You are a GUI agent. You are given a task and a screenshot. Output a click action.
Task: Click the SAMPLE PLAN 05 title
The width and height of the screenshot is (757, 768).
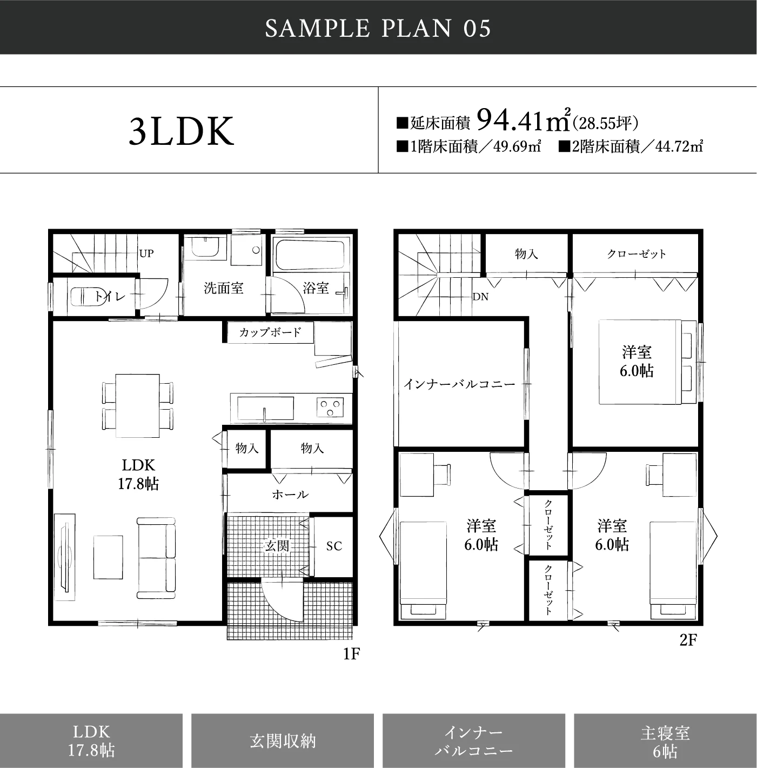tap(378, 28)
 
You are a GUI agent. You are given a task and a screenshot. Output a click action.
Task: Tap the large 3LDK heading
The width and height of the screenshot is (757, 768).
tap(182, 131)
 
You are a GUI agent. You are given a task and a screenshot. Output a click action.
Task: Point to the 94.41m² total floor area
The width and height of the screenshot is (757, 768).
tap(524, 119)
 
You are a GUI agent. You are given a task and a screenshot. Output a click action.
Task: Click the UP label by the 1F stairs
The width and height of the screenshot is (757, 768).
tap(146, 253)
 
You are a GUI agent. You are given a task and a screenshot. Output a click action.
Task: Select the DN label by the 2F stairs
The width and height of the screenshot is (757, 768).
tap(480, 297)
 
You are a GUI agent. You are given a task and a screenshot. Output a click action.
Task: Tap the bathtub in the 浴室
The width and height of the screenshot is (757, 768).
tap(310, 254)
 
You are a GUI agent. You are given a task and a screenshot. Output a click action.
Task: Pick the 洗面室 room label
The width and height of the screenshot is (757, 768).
tap(223, 288)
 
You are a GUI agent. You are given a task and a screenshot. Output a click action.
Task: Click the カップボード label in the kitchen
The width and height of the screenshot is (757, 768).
tap(270, 332)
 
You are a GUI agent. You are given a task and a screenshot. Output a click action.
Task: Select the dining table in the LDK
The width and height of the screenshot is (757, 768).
tap(138, 406)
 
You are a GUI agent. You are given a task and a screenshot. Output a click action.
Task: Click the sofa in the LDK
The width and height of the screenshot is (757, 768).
tap(156, 558)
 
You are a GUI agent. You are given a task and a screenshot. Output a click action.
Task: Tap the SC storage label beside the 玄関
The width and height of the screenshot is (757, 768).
tap(334, 546)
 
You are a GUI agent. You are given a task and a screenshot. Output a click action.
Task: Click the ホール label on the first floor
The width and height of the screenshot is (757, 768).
tap(290, 495)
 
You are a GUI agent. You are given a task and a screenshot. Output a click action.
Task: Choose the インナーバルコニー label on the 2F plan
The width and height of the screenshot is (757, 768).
tap(460, 384)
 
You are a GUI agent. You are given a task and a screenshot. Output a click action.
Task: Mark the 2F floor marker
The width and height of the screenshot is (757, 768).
tap(688, 640)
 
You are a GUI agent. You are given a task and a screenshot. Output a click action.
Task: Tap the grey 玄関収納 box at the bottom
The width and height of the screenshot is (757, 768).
tap(283, 740)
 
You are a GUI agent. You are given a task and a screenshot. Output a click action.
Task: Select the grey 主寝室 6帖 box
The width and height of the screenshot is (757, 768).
tap(665, 740)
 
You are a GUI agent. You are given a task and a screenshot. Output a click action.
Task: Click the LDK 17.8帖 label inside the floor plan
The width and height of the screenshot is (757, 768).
tap(138, 475)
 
